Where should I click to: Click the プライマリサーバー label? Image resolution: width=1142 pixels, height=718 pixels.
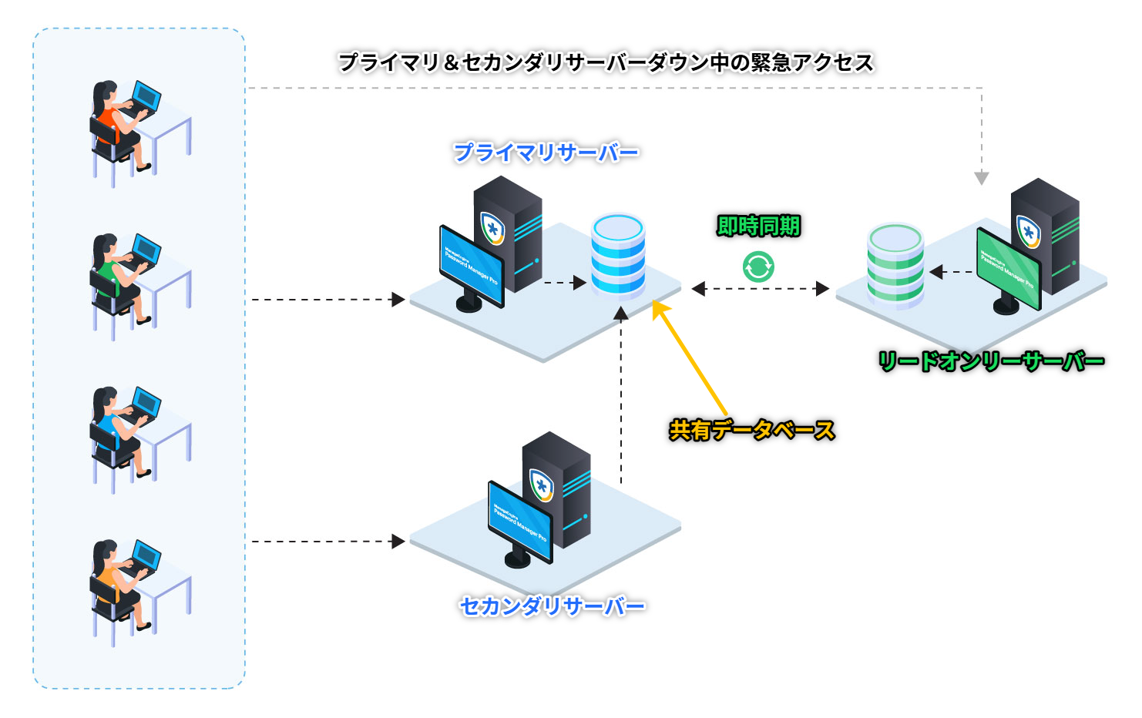(546, 153)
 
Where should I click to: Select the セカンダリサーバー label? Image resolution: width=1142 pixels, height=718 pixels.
(552, 606)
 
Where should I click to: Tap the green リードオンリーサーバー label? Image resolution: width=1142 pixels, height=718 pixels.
(991, 361)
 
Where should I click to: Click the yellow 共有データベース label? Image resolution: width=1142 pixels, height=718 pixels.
(751, 430)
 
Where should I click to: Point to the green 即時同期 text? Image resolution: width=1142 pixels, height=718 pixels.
(758, 226)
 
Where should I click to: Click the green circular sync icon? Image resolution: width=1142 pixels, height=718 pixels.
(758, 267)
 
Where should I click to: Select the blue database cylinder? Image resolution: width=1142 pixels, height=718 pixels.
(618, 256)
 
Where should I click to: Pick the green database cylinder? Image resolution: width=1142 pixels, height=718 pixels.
(895, 265)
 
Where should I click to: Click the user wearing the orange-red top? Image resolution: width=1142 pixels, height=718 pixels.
(116, 127)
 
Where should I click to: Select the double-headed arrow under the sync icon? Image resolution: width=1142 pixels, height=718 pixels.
(760, 289)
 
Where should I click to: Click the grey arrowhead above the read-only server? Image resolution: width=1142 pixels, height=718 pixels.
(981, 179)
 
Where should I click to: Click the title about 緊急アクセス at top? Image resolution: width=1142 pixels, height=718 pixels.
(606, 62)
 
